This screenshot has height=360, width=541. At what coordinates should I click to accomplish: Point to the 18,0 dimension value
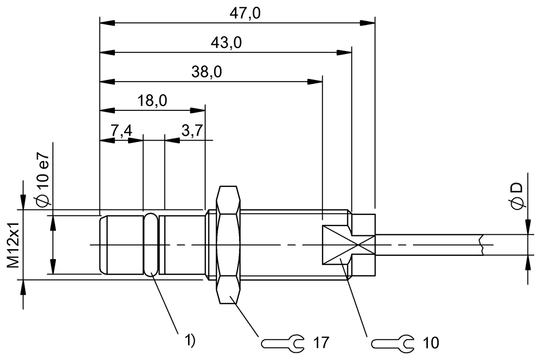pos(152,101)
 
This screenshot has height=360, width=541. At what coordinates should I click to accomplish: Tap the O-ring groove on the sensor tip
pos(151,245)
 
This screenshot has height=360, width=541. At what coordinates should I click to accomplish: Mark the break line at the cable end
pos(482,245)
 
